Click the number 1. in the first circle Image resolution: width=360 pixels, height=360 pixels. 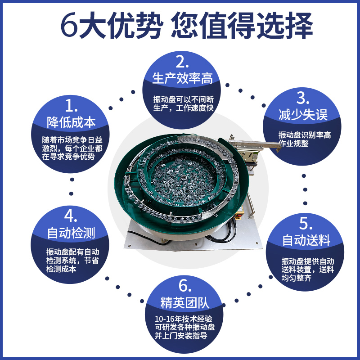point(72,106)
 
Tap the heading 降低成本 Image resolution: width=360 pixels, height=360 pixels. point(72,122)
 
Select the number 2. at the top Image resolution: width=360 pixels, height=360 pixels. point(182,61)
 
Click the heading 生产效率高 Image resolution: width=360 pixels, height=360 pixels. point(182,78)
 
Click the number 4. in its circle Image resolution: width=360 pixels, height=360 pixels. point(72,216)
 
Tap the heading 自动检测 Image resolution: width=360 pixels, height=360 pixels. point(72,233)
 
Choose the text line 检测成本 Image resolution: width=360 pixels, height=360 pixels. point(61,269)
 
